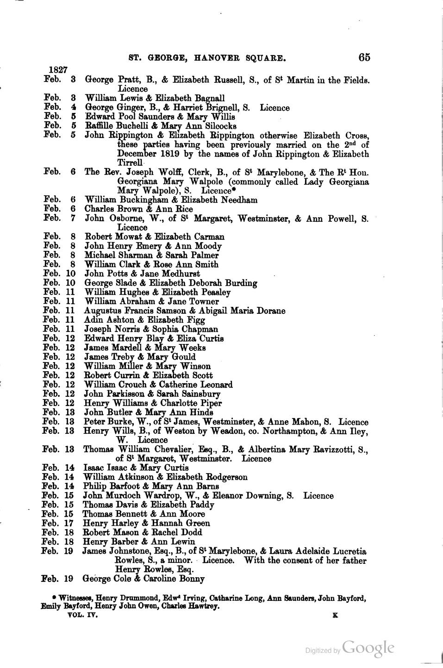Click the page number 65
click(364, 57)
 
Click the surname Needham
click(239, 200)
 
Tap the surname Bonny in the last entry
click(189, 579)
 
